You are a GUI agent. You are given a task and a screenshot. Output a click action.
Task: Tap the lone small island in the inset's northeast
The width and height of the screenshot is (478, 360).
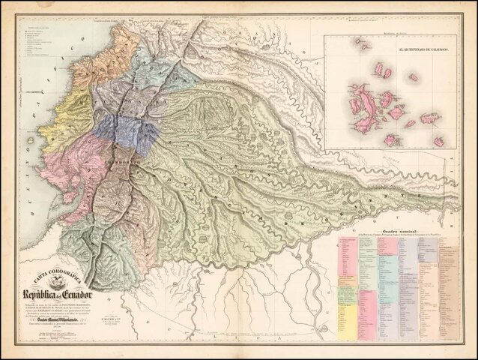click(413, 76)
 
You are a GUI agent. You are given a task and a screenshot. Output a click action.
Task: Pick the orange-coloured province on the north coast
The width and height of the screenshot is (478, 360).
click(112, 52)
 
